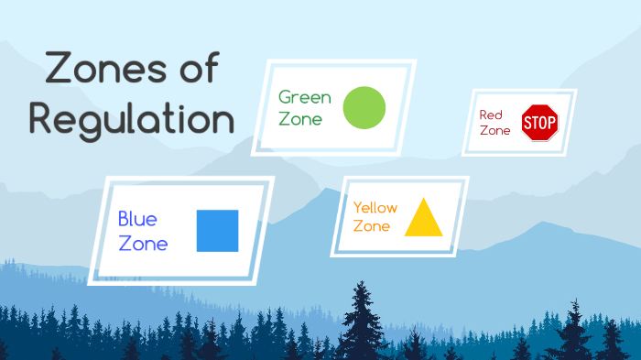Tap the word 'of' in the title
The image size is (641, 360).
[203, 71]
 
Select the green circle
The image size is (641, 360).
[364, 107]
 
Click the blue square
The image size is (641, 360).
[217, 231]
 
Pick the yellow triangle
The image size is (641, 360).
[423, 218]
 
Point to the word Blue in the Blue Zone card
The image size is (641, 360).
[137, 220]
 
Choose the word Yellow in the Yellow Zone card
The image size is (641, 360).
[375, 208]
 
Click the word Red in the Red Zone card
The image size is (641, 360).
[492, 115]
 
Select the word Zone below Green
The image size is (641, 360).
[300, 118]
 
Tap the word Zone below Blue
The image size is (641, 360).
[143, 244]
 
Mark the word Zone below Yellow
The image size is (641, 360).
[372, 226]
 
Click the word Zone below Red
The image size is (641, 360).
[494, 131]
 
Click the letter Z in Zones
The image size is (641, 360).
[58, 71]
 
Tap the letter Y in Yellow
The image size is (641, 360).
[357, 208]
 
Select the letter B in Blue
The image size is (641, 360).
[124, 220]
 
